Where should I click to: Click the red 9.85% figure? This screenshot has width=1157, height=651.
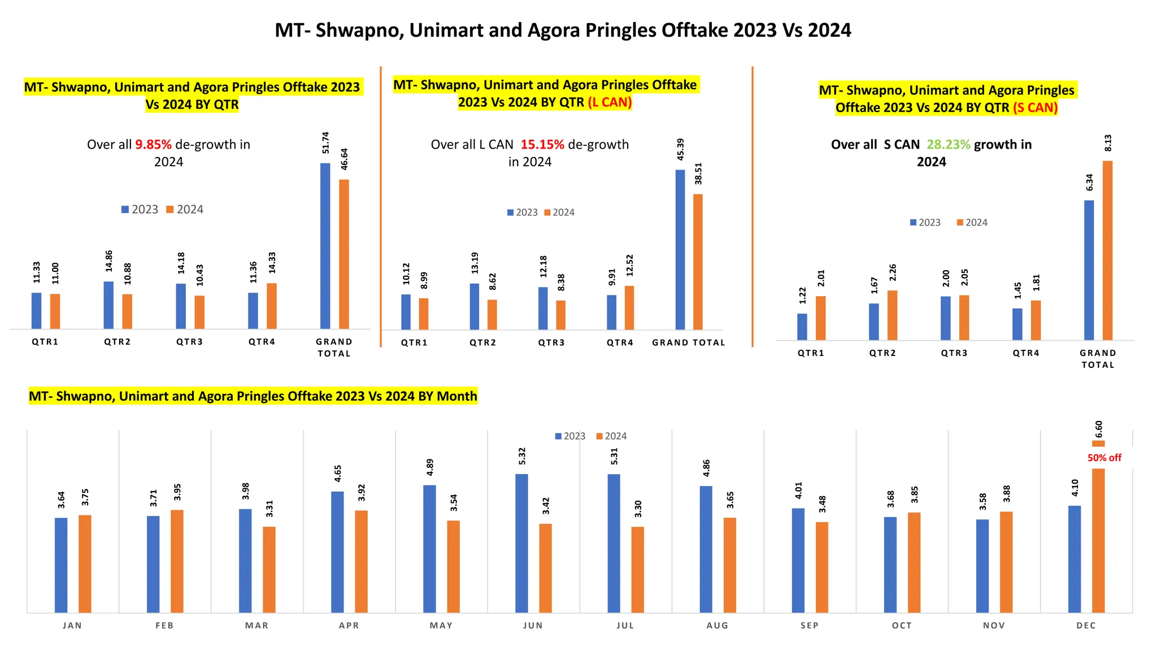[x=153, y=145]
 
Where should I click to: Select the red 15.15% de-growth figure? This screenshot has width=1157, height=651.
[x=542, y=145]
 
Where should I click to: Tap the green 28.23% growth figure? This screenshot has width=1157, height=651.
[x=948, y=145]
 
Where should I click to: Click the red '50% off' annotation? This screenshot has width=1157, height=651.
[x=1104, y=458]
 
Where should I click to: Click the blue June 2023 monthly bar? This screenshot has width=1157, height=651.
[x=521, y=542]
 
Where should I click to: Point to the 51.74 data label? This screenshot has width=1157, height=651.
[x=326, y=143]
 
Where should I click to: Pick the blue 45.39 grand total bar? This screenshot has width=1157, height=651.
[x=680, y=249]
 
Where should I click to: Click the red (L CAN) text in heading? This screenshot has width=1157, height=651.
[x=609, y=102]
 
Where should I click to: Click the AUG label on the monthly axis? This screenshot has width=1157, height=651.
[x=717, y=626]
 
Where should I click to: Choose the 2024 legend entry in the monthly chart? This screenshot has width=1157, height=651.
[x=611, y=436]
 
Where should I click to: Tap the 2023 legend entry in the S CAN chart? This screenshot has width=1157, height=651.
[x=925, y=223]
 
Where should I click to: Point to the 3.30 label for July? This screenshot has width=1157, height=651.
[x=638, y=509]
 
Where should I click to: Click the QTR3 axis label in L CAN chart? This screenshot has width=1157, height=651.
[x=551, y=342]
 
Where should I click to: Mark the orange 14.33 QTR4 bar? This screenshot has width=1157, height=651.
[x=272, y=306]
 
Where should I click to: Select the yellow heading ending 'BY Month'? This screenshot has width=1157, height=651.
[x=253, y=396]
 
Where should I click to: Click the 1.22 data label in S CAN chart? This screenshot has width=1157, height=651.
[x=803, y=296]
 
